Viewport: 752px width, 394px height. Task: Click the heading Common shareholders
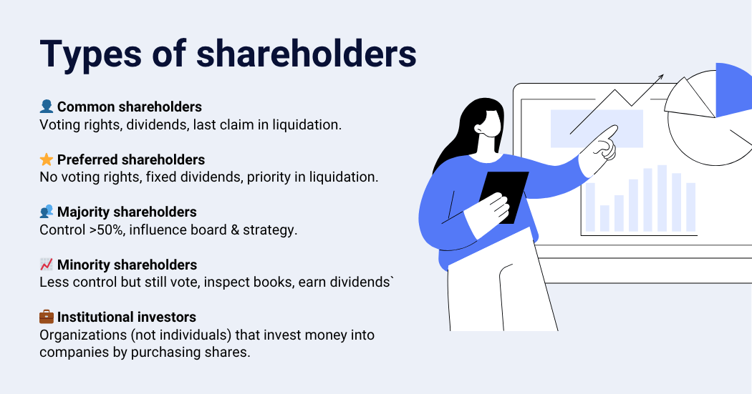[129, 107]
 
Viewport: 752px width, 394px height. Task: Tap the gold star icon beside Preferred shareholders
[47, 159]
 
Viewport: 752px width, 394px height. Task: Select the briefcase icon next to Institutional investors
[47, 317]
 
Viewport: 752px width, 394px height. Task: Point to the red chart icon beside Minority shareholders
[47, 265]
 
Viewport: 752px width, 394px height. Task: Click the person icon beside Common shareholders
[47, 107]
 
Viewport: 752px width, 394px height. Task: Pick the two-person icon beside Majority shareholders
[47, 212]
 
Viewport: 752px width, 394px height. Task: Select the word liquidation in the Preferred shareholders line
[342, 177]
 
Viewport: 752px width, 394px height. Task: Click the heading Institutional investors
[127, 317]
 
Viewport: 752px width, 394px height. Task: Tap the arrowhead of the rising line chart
[660, 77]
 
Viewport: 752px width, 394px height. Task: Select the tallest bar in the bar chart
[662, 197]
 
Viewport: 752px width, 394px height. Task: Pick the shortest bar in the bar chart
[604, 218]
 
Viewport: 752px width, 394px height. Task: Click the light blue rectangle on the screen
[596, 129]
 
